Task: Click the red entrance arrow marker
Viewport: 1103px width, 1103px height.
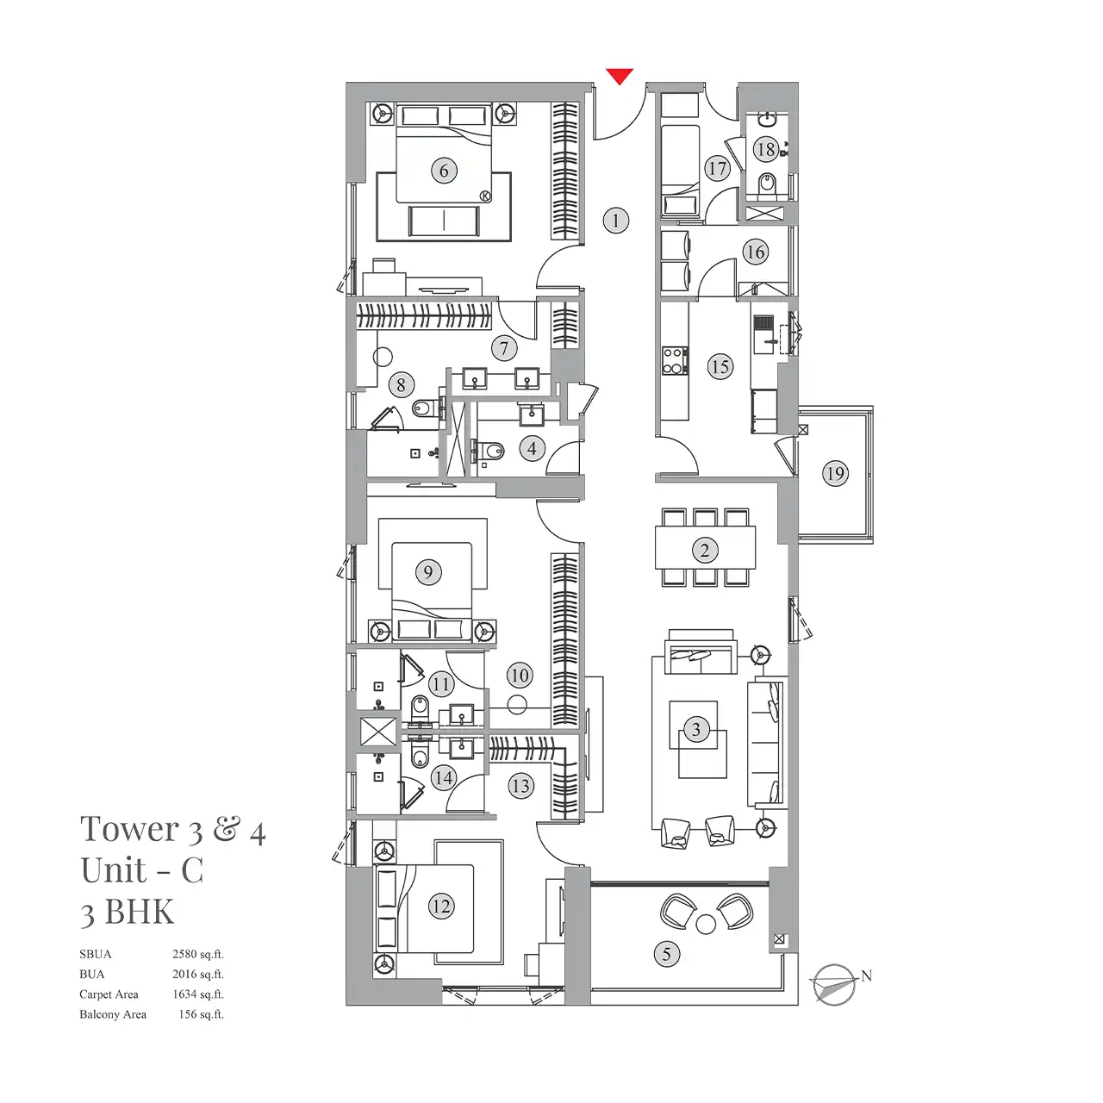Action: click(x=620, y=77)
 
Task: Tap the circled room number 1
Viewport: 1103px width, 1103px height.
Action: click(x=615, y=221)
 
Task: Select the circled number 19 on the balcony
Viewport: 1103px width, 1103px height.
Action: click(x=835, y=473)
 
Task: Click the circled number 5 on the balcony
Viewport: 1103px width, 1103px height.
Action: click(x=666, y=954)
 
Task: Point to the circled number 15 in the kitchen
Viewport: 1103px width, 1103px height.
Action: click(x=720, y=367)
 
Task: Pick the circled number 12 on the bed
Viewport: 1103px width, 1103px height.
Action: click(x=441, y=907)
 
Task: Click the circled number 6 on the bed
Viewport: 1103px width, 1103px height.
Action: click(x=444, y=171)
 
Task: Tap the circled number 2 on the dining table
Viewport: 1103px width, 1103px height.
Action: click(x=705, y=551)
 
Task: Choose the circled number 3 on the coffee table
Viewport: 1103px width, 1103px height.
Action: click(x=696, y=730)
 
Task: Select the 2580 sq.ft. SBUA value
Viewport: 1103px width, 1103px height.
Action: click(x=198, y=954)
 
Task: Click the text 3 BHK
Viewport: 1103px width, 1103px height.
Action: click(x=128, y=912)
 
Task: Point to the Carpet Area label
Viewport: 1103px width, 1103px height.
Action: click(x=109, y=994)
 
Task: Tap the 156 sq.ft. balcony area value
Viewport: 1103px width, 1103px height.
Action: click(x=202, y=1014)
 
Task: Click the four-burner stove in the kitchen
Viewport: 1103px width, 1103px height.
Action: click(x=675, y=360)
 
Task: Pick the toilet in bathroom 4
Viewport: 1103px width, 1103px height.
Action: click(x=492, y=450)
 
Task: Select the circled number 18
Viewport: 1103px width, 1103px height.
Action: click(x=765, y=149)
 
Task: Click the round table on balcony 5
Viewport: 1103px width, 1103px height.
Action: click(x=706, y=925)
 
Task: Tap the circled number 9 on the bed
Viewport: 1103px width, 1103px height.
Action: click(x=428, y=572)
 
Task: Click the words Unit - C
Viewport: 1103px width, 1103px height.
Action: click(x=142, y=870)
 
